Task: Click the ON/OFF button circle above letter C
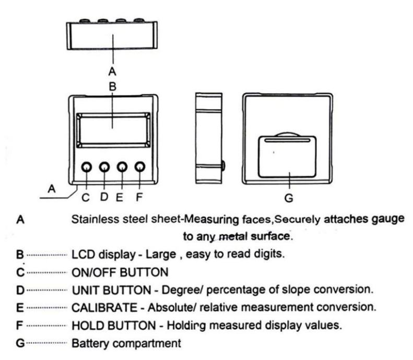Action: point(87,167)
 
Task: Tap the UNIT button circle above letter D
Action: point(104,167)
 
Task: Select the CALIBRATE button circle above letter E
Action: point(122,167)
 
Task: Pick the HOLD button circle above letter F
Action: point(139,167)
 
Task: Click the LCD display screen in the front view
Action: point(112,129)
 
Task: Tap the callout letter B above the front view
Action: point(111,87)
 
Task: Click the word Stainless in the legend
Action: point(89,220)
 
